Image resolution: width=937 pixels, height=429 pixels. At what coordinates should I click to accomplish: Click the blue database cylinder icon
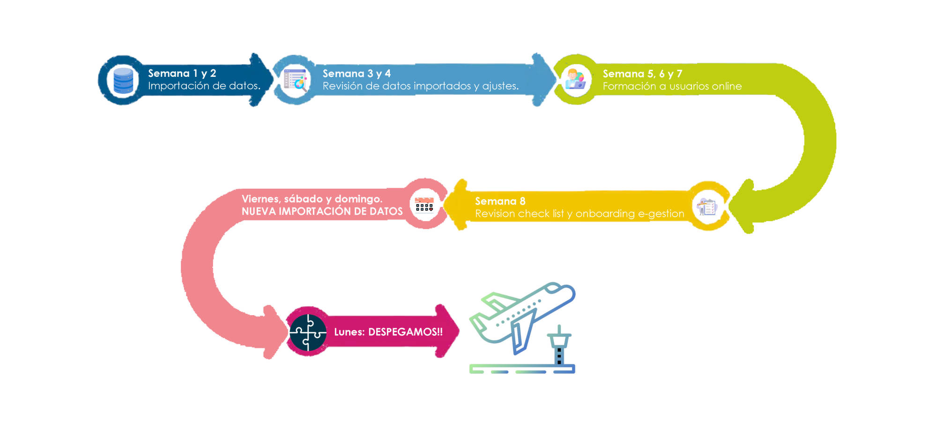[x=123, y=81]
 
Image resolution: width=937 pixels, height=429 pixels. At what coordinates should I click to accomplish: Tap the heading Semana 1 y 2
[x=182, y=74]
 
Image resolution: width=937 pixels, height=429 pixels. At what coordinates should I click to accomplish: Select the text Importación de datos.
[x=204, y=86]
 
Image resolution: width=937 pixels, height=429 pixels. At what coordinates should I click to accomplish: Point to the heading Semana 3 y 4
[x=356, y=74]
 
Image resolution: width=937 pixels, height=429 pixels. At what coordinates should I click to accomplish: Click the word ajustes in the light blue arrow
[x=500, y=86]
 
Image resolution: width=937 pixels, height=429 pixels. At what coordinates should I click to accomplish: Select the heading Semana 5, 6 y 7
[x=642, y=74]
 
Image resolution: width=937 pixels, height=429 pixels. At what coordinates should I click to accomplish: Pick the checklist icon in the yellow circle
[x=707, y=207]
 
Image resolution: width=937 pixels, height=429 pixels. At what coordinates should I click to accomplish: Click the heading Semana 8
[x=500, y=201]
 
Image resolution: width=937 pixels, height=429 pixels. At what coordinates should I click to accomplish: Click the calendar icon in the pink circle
[x=424, y=205]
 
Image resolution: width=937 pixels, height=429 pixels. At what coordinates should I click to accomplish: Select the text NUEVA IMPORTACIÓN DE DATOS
[x=322, y=212]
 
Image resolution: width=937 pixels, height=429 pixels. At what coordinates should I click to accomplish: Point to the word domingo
[x=358, y=199]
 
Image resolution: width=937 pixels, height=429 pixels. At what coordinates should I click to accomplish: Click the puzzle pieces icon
[x=307, y=332]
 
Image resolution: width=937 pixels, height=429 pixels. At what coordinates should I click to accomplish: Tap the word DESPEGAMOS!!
[x=405, y=332]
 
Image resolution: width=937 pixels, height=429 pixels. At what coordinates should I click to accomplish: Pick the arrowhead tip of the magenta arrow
[x=457, y=331]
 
